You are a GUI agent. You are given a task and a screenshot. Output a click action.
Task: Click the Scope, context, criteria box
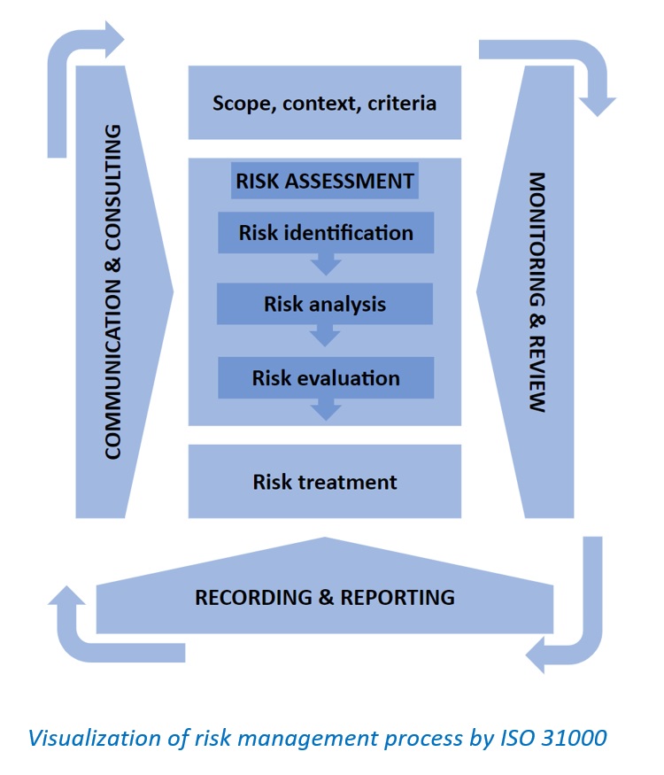pos(324,103)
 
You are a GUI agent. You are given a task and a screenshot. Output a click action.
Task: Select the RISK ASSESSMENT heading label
pos(324,182)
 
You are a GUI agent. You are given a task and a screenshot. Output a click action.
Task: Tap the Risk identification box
pos(326,233)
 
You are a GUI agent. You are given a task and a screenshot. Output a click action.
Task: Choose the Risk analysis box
pos(325,305)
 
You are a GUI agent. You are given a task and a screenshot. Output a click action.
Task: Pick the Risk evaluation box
pos(326,378)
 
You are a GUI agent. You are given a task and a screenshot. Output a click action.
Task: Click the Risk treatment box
pos(324,482)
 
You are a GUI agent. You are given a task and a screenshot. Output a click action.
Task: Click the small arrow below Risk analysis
pos(326,335)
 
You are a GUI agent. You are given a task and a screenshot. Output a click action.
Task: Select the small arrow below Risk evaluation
pos(326,408)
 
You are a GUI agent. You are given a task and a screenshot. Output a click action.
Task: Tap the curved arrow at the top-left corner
pos(75,62)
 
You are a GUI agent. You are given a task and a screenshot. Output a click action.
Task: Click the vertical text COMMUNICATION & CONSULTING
pos(112,292)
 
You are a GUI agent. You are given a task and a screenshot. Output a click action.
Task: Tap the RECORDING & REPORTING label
pos(324,597)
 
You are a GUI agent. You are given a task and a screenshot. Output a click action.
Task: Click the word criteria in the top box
pos(403,103)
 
